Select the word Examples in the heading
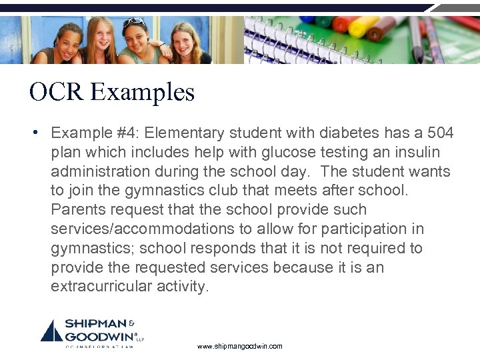[x=143, y=92]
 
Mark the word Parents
[x=77, y=210]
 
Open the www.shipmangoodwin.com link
[x=240, y=347]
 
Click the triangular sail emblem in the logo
[x=52, y=331]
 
